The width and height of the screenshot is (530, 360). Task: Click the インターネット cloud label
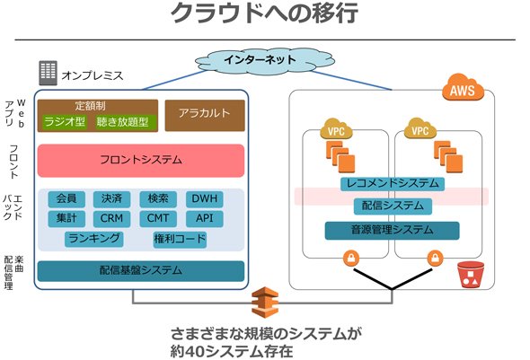[x=260, y=60]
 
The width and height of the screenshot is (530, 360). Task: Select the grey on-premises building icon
[x=48, y=73]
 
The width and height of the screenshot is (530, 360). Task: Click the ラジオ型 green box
[x=65, y=122]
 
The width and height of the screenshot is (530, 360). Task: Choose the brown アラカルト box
[x=205, y=115]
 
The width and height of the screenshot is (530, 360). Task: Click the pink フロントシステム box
[x=141, y=161]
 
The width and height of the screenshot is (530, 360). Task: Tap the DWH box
[x=205, y=198]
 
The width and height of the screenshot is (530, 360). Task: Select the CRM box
[x=111, y=218]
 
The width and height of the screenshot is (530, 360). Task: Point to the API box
[x=205, y=218]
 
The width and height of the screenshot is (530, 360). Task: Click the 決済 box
[x=111, y=198]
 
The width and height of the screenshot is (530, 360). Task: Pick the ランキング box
[x=94, y=239]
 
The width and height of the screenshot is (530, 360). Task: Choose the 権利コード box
[x=180, y=239]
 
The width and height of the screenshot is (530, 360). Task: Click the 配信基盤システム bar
[x=141, y=271]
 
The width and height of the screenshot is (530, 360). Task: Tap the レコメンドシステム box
[x=393, y=183]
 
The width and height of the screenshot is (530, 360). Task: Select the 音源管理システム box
[x=392, y=231]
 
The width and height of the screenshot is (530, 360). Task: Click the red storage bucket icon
[x=471, y=275]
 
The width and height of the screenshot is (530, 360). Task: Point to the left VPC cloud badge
[x=336, y=128]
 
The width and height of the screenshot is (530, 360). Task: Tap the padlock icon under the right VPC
[x=435, y=259]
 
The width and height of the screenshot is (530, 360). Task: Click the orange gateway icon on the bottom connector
[x=265, y=302]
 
